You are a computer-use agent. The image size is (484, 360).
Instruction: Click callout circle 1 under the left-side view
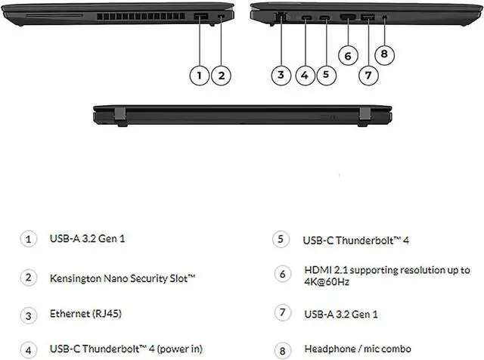199,74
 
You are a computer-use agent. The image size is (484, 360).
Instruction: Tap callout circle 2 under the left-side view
221,74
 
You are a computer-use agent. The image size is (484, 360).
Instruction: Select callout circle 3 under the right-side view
281,74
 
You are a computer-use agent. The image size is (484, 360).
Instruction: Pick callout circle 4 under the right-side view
305,74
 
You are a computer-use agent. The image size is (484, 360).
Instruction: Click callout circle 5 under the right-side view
325,74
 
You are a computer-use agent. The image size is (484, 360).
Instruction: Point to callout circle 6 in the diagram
347,55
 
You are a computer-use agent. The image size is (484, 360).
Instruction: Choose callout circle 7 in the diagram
368,74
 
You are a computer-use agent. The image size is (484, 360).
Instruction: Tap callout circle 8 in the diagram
385,54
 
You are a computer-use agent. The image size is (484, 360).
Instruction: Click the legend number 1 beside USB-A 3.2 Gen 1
29,239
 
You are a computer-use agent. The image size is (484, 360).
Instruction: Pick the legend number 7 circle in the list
281,312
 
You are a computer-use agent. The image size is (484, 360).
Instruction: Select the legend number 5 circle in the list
281,239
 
